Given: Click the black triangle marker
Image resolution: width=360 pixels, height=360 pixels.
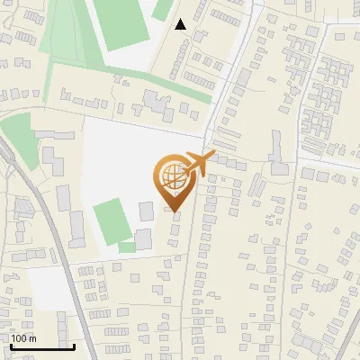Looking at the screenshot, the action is pyautogui.click(x=181, y=24).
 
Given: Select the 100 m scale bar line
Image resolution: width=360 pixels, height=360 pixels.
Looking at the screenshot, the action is pyautogui.click(x=41, y=346).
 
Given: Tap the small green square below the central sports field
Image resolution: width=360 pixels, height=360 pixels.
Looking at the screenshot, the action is pyautogui.click(x=126, y=247).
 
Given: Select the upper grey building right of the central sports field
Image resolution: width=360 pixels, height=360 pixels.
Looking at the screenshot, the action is pyautogui.click(x=146, y=211).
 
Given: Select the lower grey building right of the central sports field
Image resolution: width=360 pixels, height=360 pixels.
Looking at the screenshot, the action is pyautogui.click(x=143, y=239).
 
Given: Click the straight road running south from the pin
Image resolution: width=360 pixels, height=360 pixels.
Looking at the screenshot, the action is pyautogui.click(x=191, y=288).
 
